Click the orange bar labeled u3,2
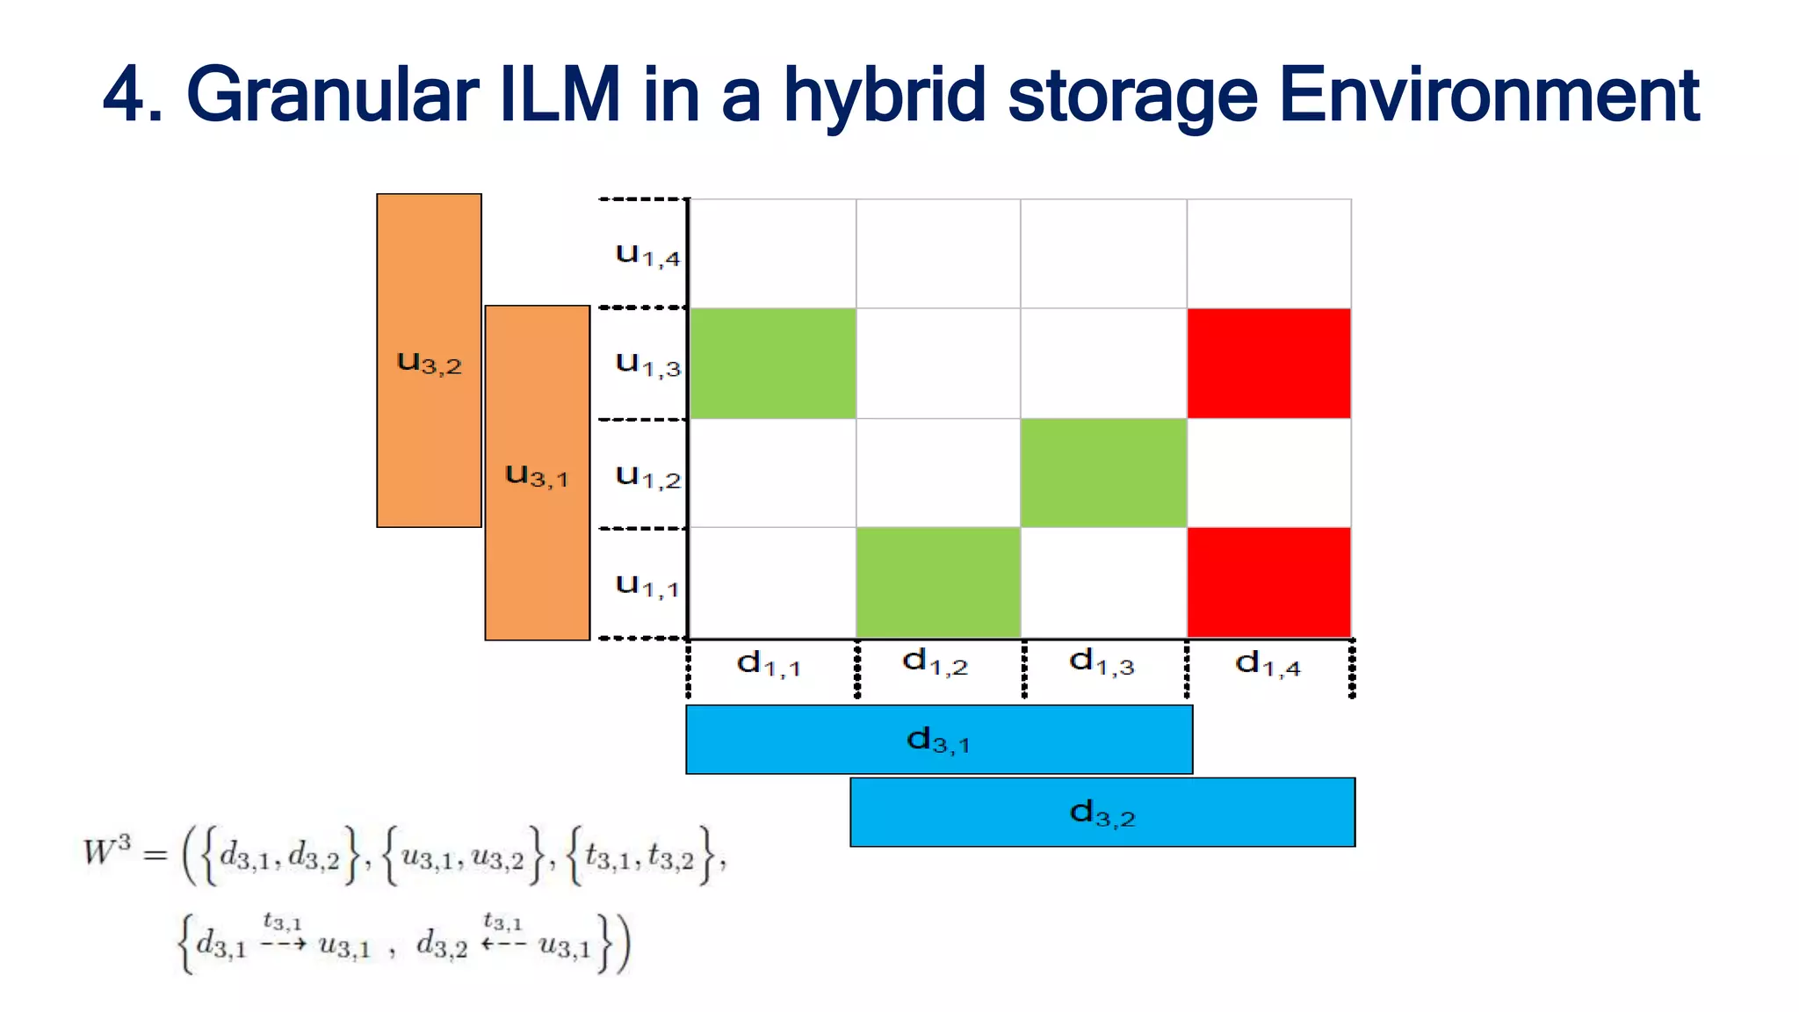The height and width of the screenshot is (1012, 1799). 429,360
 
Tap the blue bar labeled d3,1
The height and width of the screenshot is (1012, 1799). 938,740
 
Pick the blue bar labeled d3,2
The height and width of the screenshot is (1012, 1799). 1102,813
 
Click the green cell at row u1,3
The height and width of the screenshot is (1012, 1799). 772,363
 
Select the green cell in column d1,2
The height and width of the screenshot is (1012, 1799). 938,582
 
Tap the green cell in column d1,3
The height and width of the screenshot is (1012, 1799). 1103,473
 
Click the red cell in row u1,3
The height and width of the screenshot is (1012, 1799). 1268,363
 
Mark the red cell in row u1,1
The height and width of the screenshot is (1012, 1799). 1268,582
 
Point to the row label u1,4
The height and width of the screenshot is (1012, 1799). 647,255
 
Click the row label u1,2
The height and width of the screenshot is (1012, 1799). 647,476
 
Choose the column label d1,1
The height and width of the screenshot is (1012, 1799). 769,663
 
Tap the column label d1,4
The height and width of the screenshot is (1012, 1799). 1267,663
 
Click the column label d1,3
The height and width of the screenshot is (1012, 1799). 1102,661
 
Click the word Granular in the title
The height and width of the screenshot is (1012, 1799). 332,95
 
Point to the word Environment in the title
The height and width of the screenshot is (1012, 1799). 1488,95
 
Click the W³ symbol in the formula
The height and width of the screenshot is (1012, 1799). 106,851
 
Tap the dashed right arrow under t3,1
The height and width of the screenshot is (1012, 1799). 283,944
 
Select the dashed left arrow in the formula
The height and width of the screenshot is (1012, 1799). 503,944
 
